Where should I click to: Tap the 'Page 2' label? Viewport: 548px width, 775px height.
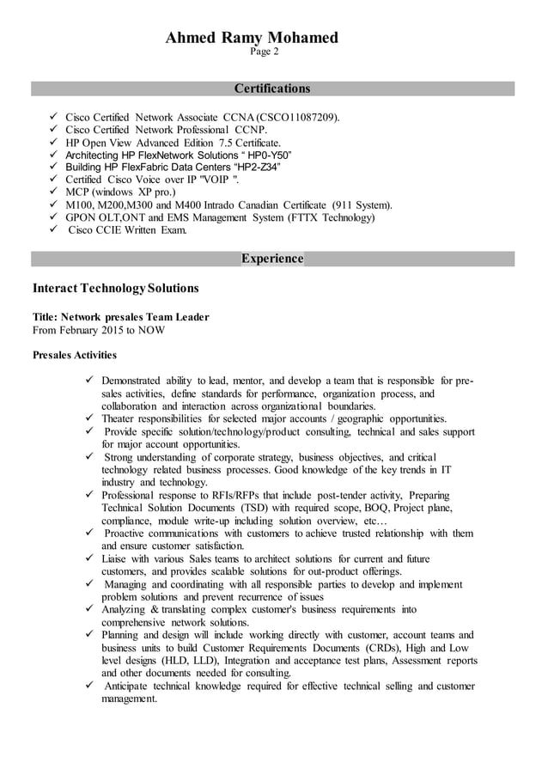click(264, 52)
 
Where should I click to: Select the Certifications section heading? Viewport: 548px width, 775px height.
click(272, 88)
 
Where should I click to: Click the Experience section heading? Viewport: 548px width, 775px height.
click(272, 259)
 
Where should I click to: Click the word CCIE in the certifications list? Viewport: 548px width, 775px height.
click(113, 230)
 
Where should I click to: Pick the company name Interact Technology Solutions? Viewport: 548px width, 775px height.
click(115, 288)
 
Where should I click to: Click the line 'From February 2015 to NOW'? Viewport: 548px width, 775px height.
click(99, 329)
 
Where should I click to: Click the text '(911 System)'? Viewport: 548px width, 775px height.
click(361, 205)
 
